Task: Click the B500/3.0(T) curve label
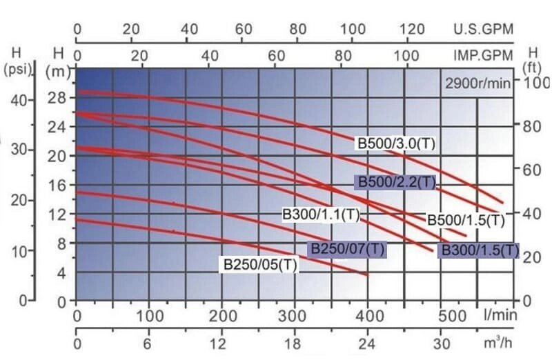(x=397, y=144)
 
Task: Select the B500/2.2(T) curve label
(x=395, y=182)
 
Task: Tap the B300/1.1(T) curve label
(x=322, y=214)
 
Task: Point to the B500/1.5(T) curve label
(x=466, y=221)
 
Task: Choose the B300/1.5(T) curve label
(x=480, y=250)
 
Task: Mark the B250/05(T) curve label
(x=259, y=264)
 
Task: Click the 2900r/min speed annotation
(x=477, y=85)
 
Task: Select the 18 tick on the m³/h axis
(x=295, y=343)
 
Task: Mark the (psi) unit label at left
(x=15, y=69)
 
